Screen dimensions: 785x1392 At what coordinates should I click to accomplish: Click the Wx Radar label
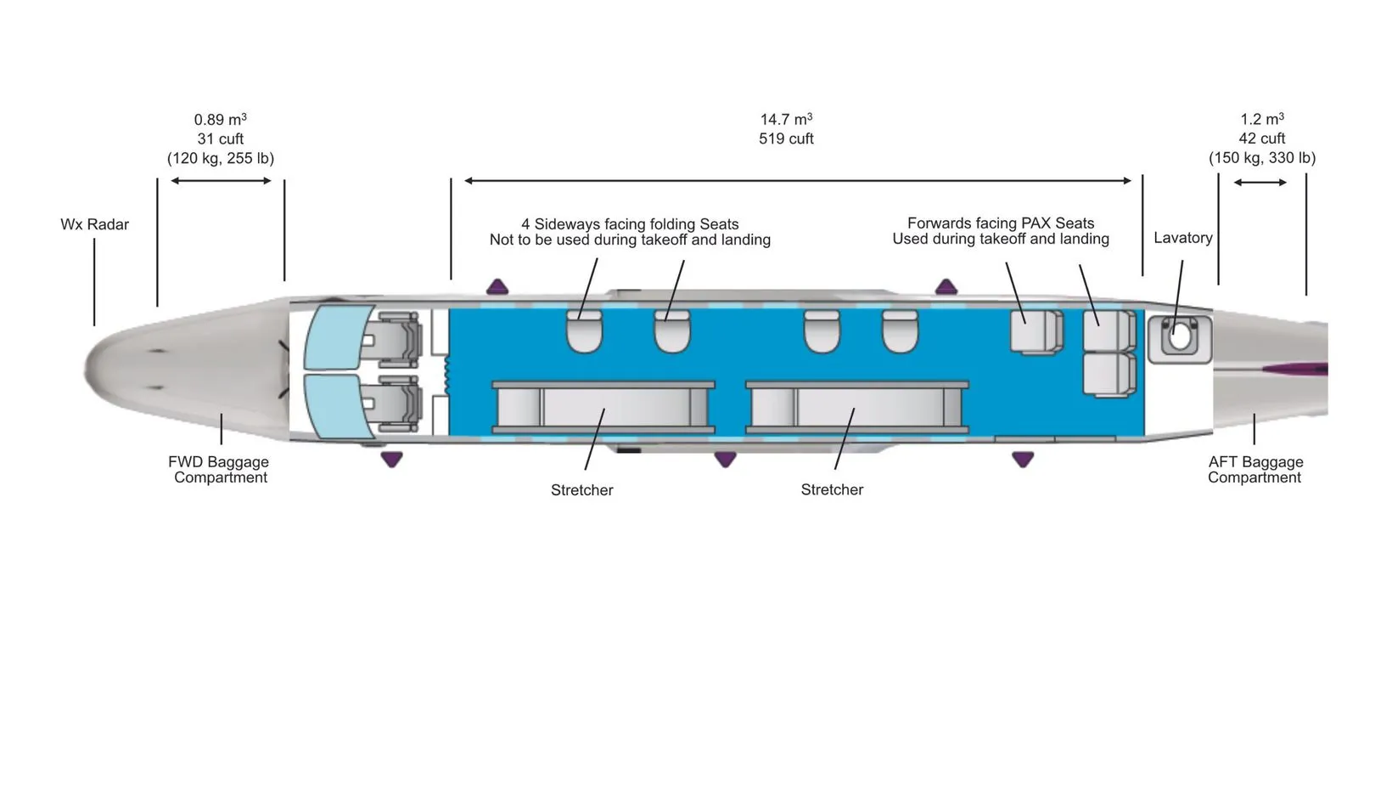[x=94, y=224]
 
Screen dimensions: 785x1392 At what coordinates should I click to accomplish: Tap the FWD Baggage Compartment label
[x=219, y=470]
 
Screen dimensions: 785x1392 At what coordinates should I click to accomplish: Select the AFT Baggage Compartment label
[x=1254, y=470]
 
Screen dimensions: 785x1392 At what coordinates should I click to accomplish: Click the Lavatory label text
[x=1182, y=238]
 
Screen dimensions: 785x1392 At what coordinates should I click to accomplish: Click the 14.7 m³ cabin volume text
[x=786, y=120]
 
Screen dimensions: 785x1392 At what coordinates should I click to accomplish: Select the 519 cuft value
[x=786, y=138]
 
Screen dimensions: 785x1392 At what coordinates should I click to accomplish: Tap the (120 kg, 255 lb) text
[x=221, y=158]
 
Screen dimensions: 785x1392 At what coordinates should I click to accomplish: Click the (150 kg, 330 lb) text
[x=1262, y=158]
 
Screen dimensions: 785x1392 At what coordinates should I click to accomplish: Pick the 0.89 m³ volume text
[x=221, y=120]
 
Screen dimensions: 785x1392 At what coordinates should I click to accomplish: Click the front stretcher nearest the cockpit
[x=603, y=409]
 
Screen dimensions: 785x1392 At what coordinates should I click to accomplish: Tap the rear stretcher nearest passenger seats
[x=856, y=409]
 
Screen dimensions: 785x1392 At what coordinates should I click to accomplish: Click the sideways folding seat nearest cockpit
[x=584, y=331]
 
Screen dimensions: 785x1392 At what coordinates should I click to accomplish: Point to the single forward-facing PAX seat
[x=1036, y=330]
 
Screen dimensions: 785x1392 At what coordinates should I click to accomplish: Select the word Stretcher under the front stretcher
[x=581, y=490]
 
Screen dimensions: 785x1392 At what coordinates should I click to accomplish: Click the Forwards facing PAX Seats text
[x=1001, y=223]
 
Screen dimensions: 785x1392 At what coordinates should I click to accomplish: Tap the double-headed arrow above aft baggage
[x=1260, y=182]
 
